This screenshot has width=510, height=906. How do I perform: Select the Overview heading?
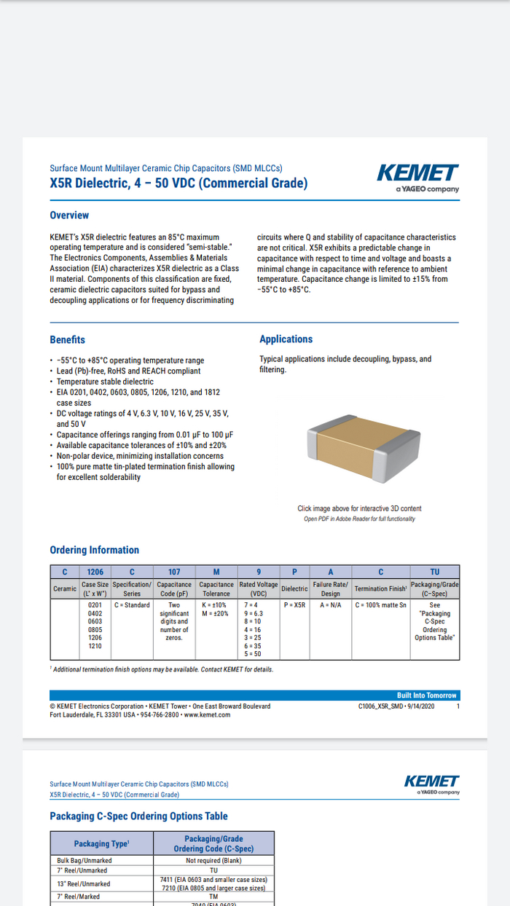[x=69, y=216]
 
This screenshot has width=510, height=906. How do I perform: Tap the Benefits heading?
[x=67, y=340]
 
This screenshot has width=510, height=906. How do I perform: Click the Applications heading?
[x=286, y=339]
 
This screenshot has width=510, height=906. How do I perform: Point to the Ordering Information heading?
[x=94, y=550]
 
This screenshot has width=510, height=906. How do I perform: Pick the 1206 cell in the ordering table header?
[x=95, y=572]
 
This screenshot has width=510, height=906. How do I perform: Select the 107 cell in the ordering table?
[x=174, y=572]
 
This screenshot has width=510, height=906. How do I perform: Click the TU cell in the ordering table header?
[x=435, y=572]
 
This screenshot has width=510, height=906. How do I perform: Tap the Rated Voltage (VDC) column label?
[x=259, y=588]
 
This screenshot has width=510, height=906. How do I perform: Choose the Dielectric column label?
[x=294, y=588]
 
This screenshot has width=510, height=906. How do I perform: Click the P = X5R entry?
[x=294, y=605]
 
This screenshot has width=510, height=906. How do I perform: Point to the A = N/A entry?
[x=331, y=605]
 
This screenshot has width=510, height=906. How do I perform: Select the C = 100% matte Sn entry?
[x=380, y=605]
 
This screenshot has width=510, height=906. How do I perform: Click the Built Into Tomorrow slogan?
[x=427, y=696]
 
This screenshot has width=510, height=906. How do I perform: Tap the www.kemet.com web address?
[x=207, y=715]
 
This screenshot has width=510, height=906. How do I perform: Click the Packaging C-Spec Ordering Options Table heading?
[x=138, y=816]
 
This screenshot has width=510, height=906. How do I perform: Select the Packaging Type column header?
[x=101, y=843]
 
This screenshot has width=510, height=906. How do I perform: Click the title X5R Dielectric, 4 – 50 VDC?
[x=178, y=184]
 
